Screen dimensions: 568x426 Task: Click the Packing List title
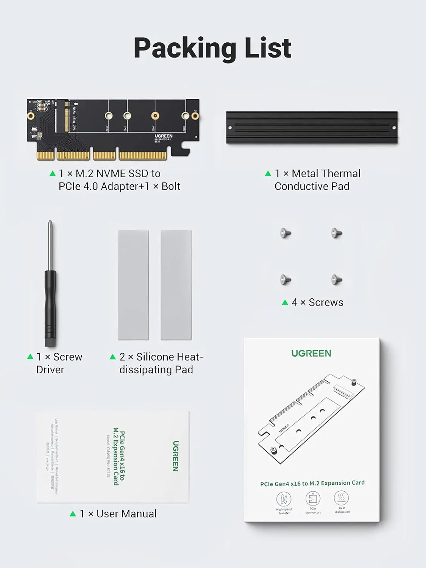pos(212,48)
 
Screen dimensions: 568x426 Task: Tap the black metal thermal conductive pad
pos(312,128)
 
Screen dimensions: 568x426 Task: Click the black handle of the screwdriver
pos(50,307)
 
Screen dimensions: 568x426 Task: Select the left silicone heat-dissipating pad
pos(133,285)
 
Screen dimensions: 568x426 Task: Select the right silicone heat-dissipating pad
pos(176,285)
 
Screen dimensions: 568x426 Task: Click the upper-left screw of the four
pos(286,233)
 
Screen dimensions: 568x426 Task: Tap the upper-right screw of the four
pos(336,233)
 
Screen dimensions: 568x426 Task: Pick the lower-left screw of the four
pos(286,280)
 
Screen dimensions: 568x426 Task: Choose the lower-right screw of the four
pos(336,280)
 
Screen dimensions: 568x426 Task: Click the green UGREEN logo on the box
pos(311,353)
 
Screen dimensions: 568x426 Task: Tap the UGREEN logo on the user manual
pos(175,456)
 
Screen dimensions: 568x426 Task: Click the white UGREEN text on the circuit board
pos(164,136)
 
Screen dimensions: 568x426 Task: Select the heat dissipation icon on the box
pos(342,498)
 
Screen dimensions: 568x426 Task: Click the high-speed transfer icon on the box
pos(284,499)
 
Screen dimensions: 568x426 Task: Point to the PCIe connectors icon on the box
pos(313,498)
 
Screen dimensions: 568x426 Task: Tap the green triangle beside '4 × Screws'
pos(285,302)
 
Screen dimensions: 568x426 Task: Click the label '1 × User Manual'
pos(118,514)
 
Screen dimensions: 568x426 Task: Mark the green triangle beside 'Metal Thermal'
pos(268,173)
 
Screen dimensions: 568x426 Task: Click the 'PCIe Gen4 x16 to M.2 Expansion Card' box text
pos(312,483)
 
